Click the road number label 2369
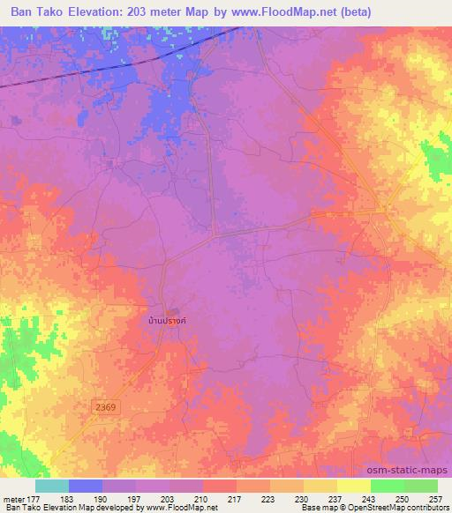coord(104,405)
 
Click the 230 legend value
coord(303,498)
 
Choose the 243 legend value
coord(370,498)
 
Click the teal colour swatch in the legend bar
coord(52,486)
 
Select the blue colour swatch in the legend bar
coord(86,486)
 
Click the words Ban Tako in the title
coord(39,12)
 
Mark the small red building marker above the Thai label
coord(174,311)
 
